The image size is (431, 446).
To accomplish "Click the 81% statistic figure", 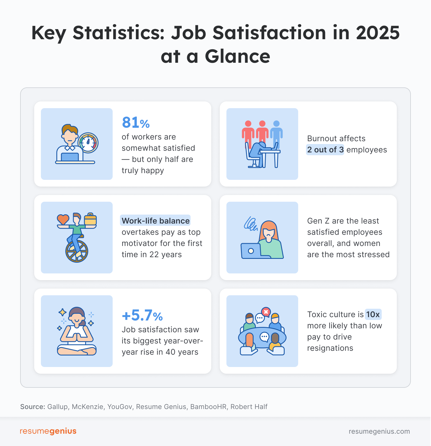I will coord(136,123).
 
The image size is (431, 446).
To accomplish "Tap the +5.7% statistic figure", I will coord(142,315).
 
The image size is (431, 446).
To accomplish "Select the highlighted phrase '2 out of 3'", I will coord(325,150).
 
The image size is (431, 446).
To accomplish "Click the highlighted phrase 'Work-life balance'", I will coord(156,221).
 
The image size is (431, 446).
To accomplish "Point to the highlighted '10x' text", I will coord(373,314).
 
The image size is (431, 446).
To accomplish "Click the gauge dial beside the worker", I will coord(88,143).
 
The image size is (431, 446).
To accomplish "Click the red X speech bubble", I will coord(266,312).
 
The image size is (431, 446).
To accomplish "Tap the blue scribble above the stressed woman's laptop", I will coord(251,224).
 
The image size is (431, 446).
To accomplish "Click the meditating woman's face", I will coord(77,318).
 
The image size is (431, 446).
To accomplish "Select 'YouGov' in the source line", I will coord(120,407).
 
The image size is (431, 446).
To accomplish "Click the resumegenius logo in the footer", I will coord(48,431).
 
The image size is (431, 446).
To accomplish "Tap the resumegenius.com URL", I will coord(379,431).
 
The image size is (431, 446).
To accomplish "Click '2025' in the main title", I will coord(377,33).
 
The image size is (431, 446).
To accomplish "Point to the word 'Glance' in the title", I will coord(237,57).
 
